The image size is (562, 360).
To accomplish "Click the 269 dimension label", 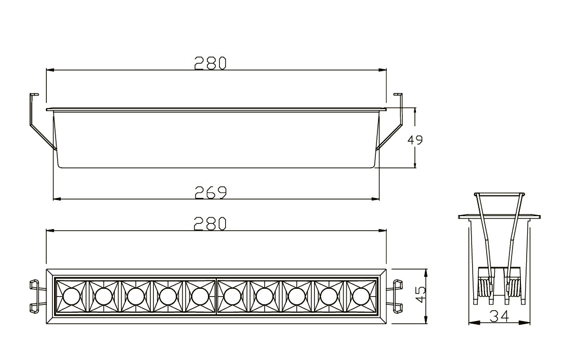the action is [x=211, y=192].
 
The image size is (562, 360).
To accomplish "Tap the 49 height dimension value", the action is [x=415, y=140].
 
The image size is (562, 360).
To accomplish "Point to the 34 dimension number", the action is [x=499, y=316].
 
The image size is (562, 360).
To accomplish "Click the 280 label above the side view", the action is [x=211, y=63].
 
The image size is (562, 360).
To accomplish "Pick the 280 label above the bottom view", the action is [x=211, y=223].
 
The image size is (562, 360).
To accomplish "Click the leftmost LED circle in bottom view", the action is [x=71, y=296].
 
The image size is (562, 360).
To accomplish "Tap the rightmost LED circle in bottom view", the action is [x=361, y=296].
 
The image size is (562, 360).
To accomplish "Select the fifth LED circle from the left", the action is [x=200, y=296].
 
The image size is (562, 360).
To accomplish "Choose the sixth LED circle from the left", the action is [x=232, y=296].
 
